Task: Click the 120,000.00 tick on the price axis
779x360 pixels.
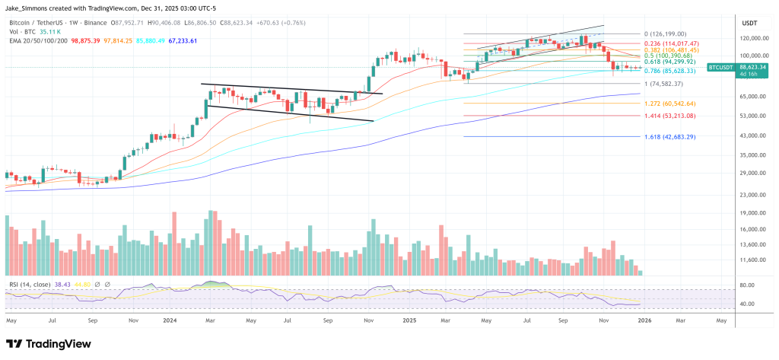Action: coord(752,37)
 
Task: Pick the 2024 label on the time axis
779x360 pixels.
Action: coord(170,320)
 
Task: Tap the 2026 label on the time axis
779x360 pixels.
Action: coord(643,320)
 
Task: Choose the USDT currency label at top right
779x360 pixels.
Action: coord(749,22)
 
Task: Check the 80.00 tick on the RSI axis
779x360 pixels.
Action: coord(747,285)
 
